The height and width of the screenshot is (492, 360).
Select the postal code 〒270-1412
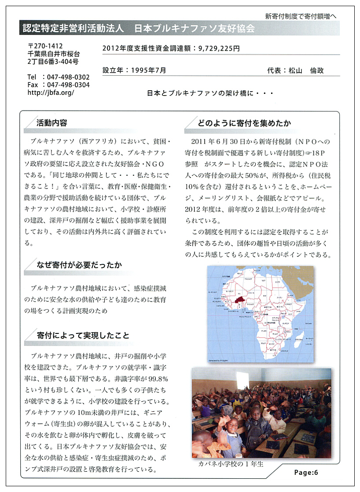pos(45,45)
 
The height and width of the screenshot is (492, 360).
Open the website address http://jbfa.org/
pos(51,92)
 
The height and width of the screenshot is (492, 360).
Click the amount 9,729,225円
pos(219,49)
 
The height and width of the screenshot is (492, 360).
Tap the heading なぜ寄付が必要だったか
pos(79,265)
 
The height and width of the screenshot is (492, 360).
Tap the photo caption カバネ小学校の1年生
pos(230,464)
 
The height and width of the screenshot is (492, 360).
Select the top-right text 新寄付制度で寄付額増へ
pos(301,16)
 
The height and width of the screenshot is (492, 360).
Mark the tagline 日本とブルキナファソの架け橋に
pos(211,93)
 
